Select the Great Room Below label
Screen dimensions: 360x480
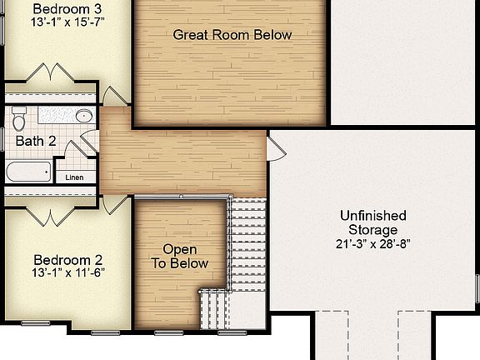232,35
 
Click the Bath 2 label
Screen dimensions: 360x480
36,141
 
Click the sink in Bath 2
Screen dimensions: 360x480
83,116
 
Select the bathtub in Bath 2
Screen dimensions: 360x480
27,173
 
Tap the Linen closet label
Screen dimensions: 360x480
74,177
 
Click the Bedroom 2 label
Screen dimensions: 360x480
68,259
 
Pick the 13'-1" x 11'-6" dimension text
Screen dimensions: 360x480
68,272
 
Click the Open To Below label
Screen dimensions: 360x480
180,257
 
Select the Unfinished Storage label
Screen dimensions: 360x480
373,222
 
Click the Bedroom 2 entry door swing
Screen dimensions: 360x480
116,205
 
